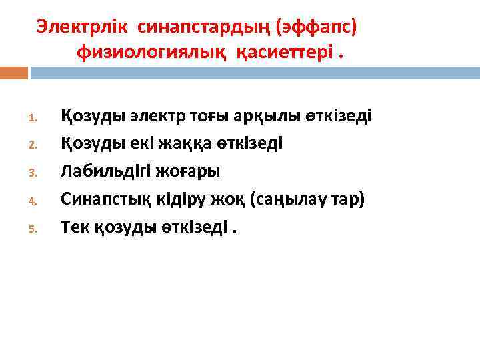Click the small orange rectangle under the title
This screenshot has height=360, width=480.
click(x=14, y=73)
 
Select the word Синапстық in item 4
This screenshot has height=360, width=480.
click(x=99, y=199)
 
